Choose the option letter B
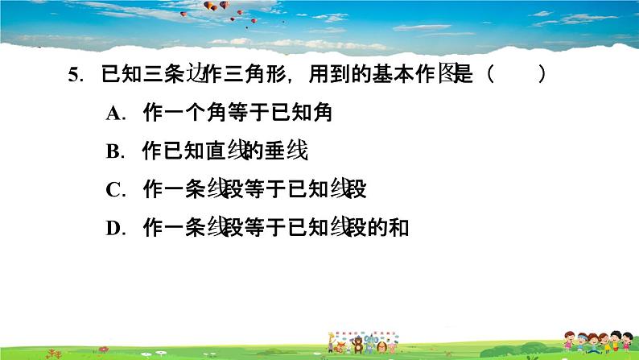coord(113,151)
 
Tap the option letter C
coord(113,190)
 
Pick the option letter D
coord(113,228)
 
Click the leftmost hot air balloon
coord(210,6)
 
